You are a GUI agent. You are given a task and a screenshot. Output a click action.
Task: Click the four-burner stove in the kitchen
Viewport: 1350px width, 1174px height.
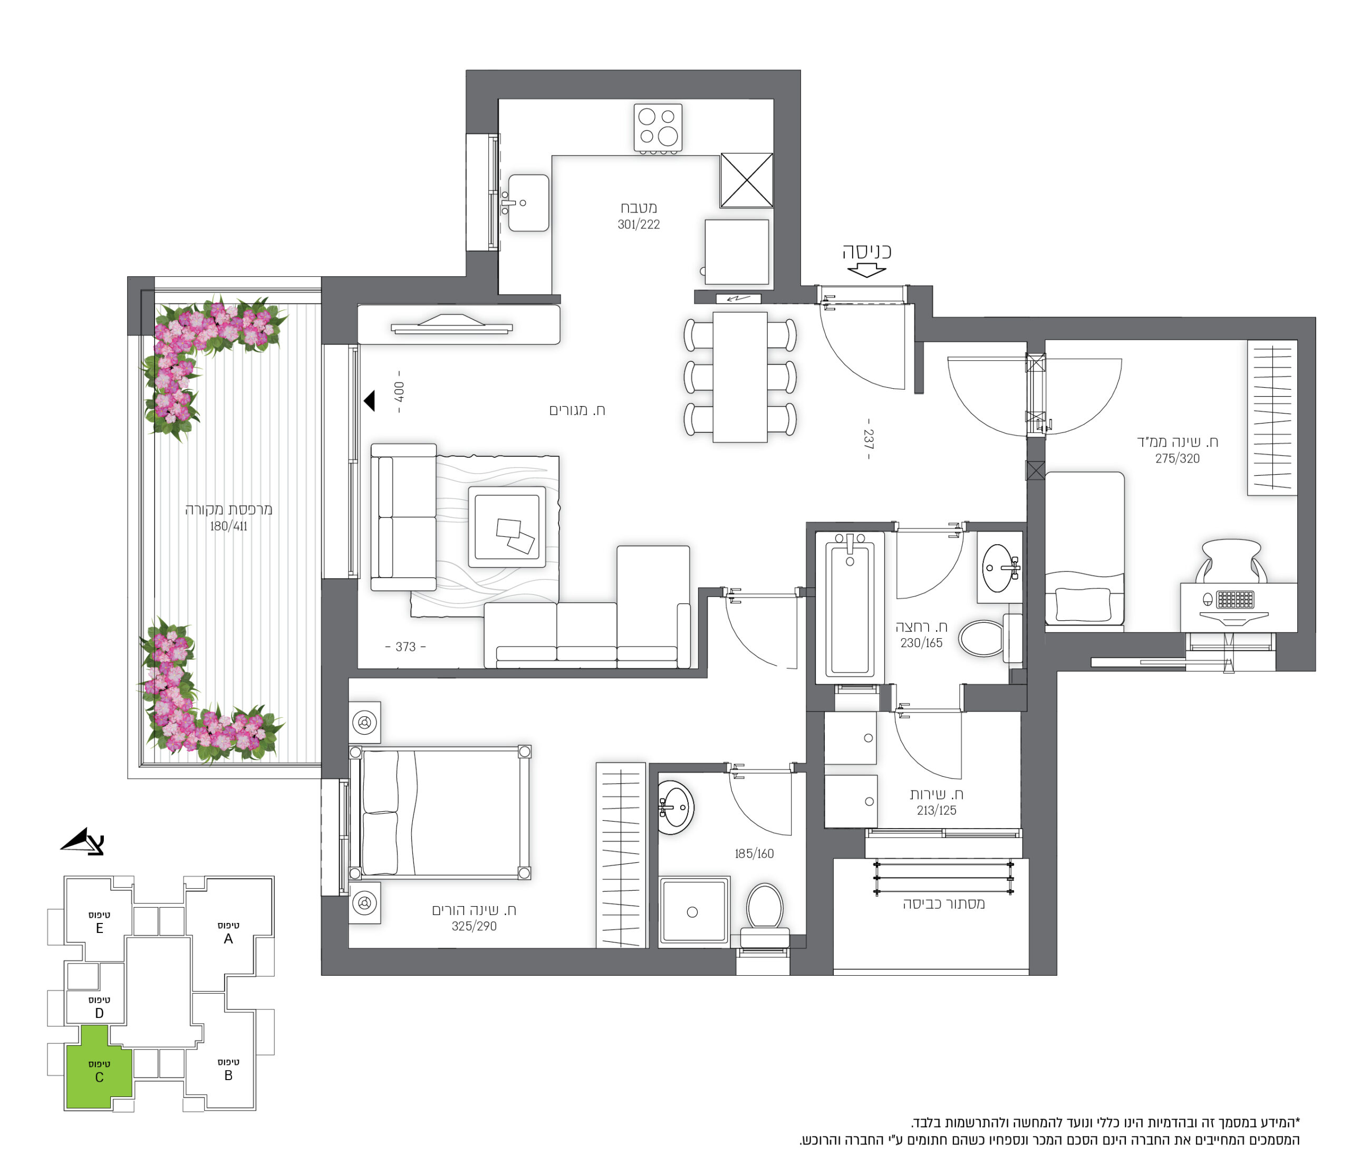point(658,128)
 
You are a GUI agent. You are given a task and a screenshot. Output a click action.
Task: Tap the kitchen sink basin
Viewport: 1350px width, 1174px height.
point(528,203)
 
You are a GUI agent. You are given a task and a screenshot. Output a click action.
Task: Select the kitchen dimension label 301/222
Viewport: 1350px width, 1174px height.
point(639,225)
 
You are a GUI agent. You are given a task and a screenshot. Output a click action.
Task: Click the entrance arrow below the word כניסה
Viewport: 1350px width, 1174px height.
point(866,270)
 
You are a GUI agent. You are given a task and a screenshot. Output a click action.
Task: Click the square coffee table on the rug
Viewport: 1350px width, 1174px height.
point(506,527)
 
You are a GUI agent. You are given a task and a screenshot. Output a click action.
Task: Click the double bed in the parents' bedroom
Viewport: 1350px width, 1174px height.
point(440,812)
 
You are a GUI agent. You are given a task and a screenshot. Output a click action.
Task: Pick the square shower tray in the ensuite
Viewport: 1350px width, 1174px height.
point(693,912)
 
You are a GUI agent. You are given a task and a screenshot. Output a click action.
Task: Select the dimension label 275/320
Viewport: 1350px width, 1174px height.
point(1177,459)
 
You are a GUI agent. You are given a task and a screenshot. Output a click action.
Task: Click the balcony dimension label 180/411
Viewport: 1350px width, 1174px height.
point(228,526)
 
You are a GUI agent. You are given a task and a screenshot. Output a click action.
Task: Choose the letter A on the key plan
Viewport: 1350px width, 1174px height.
point(228,939)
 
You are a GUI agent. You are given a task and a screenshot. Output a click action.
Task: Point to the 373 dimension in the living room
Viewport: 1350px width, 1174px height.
point(406,647)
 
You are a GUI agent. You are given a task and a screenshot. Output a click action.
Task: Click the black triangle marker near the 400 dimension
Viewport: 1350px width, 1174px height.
point(370,400)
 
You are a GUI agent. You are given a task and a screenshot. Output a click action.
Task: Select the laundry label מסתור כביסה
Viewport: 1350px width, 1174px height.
point(944,904)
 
